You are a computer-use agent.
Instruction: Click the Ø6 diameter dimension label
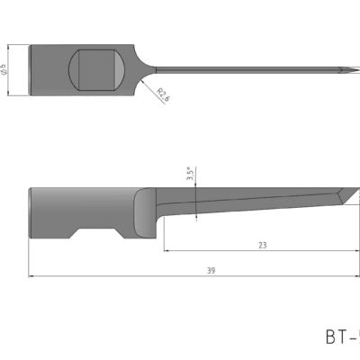point(7,68)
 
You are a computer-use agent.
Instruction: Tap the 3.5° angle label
point(190,175)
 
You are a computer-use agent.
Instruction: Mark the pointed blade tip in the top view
point(354,68)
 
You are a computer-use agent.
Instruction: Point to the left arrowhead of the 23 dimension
point(166,249)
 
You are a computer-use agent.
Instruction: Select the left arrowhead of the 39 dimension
point(33,275)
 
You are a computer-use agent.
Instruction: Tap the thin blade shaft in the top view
point(243,68)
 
